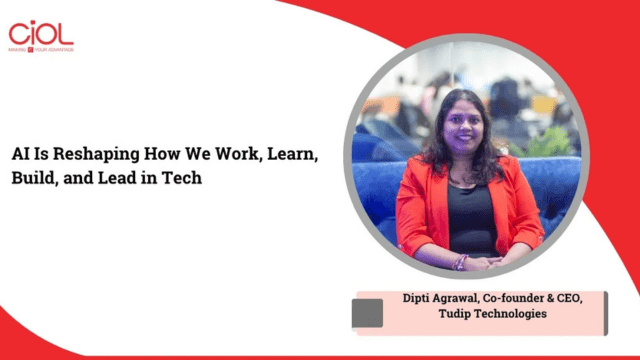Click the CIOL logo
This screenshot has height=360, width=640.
(40, 32)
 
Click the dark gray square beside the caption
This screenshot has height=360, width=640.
(368, 312)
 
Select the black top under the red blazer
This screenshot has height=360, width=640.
(469, 215)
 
